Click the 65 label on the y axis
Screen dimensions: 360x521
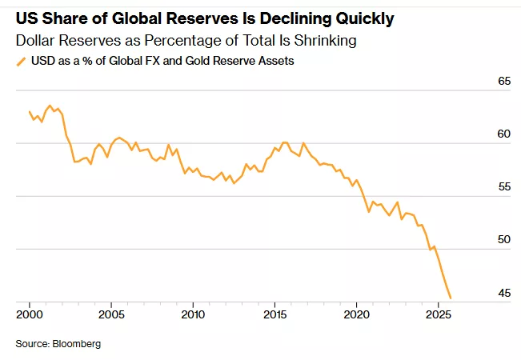point(504,82)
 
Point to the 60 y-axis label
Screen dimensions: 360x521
point(504,134)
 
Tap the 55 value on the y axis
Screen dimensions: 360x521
point(504,187)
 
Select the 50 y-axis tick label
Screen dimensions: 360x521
point(504,240)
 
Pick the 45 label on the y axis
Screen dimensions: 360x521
point(504,294)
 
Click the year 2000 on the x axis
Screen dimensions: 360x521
point(30,314)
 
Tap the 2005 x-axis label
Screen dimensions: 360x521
point(110,314)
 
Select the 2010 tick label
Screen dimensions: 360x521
point(193,314)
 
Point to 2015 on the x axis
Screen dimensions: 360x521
point(275,314)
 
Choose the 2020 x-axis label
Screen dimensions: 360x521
point(356,314)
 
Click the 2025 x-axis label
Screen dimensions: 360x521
point(438,314)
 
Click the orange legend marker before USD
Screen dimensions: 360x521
point(20,61)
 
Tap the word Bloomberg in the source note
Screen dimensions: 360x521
point(78,344)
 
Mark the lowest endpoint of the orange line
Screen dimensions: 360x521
point(451,298)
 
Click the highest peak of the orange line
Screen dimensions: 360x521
point(50,105)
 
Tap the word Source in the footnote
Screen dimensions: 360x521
point(31,344)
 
